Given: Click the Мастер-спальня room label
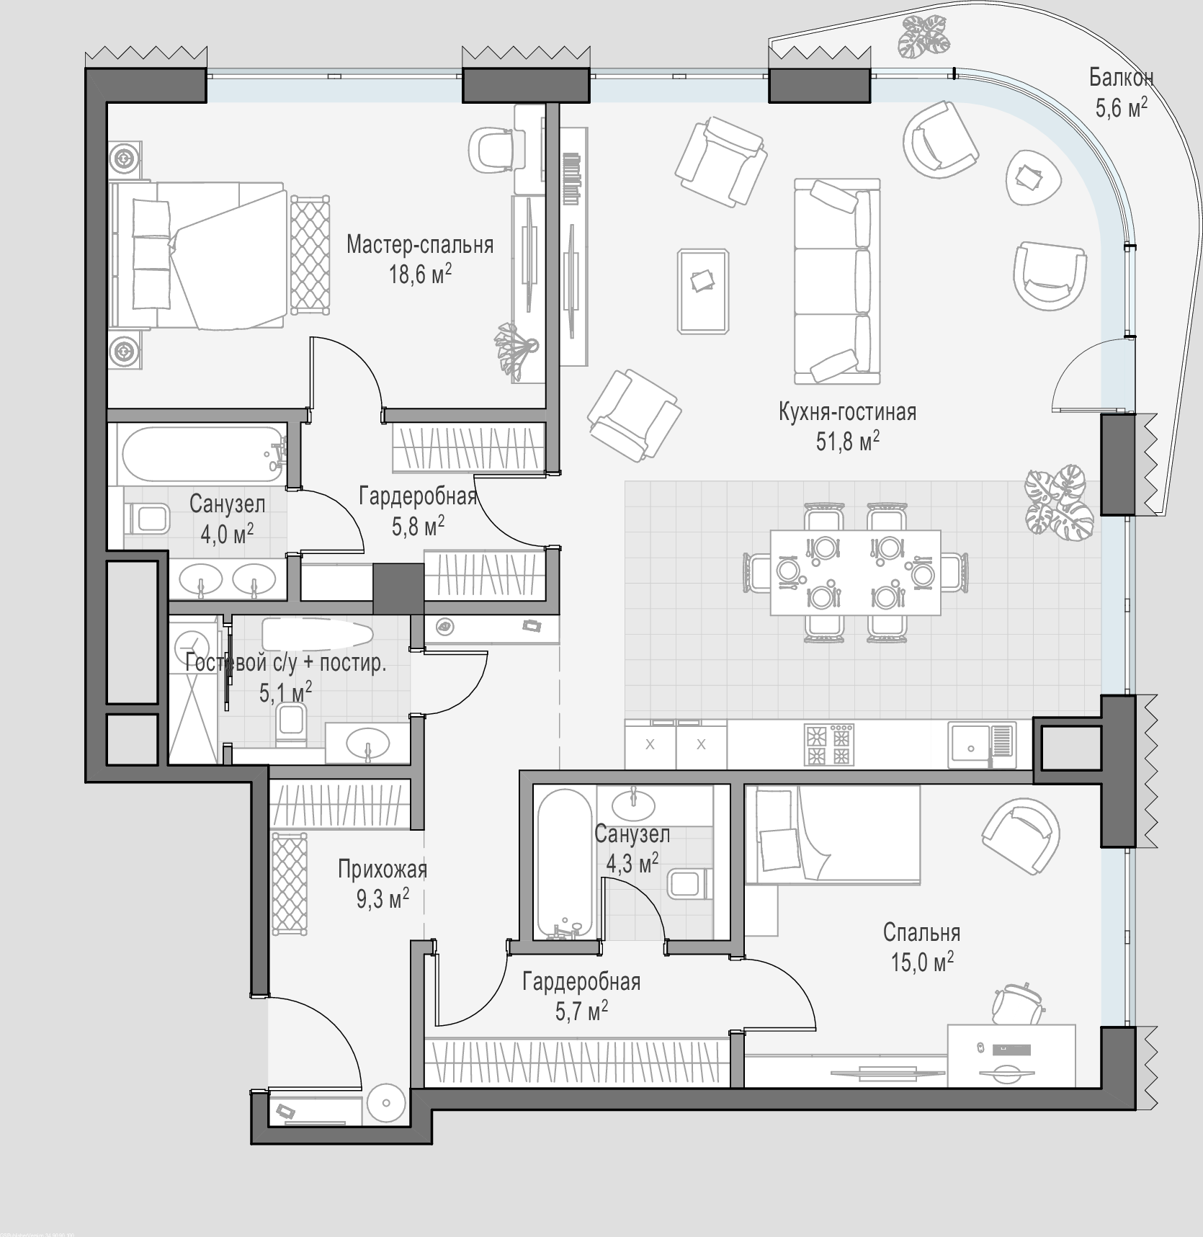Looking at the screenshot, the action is pyautogui.click(x=420, y=245).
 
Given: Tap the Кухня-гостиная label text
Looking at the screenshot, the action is pyautogui.click(x=847, y=412).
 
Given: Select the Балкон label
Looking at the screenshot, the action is pyautogui.click(x=1121, y=76).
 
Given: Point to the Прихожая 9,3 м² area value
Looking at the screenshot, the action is pyautogui.click(x=383, y=898).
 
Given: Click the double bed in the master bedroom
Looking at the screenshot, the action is pyautogui.click(x=198, y=256).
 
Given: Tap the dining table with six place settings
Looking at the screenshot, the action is pyautogui.click(x=855, y=573).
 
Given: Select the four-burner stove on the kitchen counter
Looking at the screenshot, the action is pyautogui.click(x=828, y=745).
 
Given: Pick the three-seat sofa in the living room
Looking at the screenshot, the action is pyautogui.click(x=837, y=282).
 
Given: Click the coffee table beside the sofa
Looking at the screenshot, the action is pyautogui.click(x=703, y=291).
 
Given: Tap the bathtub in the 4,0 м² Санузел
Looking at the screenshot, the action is pyautogui.click(x=202, y=453).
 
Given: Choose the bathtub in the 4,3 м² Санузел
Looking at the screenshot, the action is pyautogui.click(x=565, y=864).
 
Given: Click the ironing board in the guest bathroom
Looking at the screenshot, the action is pyautogui.click(x=317, y=635).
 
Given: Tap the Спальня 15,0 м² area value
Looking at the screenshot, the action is pyautogui.click(x=923, y=962).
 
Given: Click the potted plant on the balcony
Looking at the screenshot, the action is pyautogui.click(x=925, y=35).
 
